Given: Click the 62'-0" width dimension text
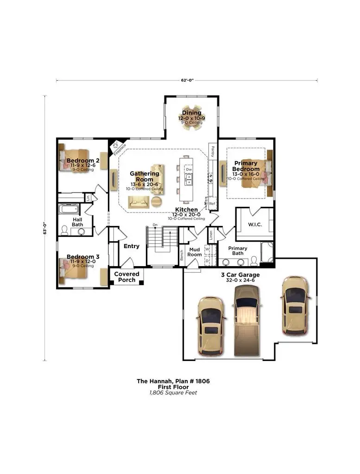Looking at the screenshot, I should click(x=187, y=81).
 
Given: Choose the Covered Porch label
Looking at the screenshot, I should click(x=126, y=277).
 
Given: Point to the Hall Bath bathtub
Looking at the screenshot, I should click(x=71, y=209).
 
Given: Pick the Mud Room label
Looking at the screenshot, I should click(x=195, y=252).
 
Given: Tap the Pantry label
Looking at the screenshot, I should click(x=213, y=151).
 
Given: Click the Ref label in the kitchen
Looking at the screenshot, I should click(x=212, y=204).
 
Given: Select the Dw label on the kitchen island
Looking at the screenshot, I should click(x=189, y=170).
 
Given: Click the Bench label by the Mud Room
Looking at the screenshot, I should click(x=182, y=255).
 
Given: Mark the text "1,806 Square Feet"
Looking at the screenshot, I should click(x=173, y=393).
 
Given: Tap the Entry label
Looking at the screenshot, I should click(x=132, y=246).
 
